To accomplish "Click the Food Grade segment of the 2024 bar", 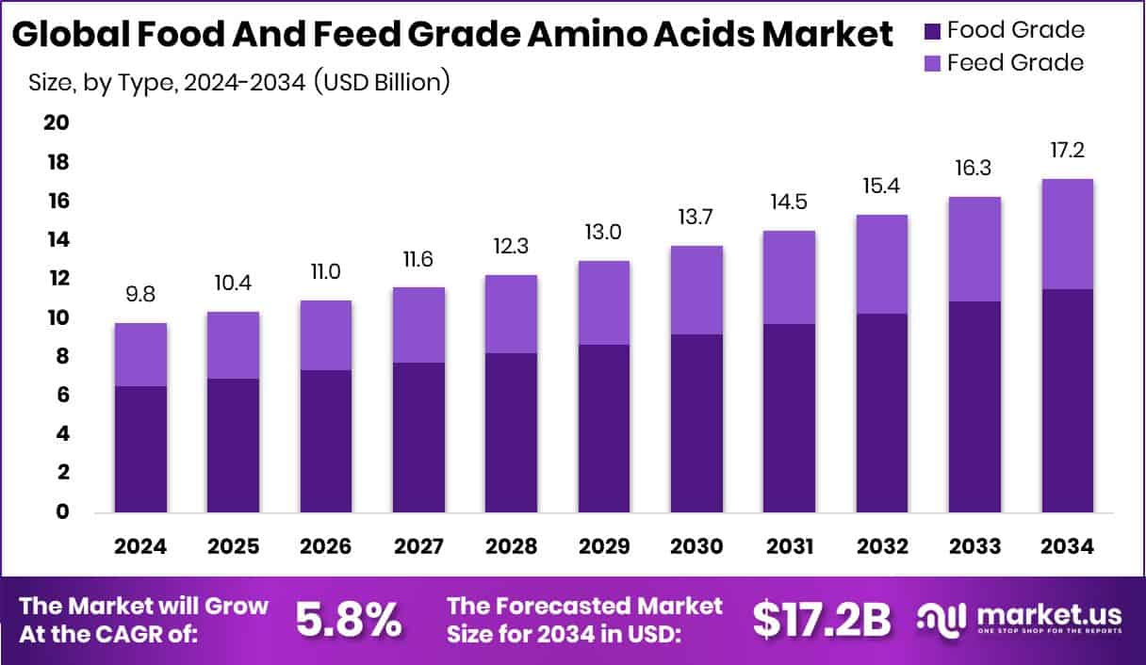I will coord(140,449).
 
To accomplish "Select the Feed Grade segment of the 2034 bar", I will coord(1067,234).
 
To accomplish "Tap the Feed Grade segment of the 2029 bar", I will coord(603,302).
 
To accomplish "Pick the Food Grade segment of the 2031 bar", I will coord(789,418).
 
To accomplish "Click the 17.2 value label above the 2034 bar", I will coord(1067,150).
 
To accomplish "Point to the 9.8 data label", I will coord(140,294).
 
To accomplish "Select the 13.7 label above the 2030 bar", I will coord(696,217).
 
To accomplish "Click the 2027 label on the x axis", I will coord(418,547).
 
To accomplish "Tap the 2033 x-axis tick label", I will coord(974,547).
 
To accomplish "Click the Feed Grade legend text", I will coord(1015,63).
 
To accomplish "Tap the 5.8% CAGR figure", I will coord(349,620).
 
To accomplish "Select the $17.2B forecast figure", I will coord(822,620).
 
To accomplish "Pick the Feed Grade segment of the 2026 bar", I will coord(325,334).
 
